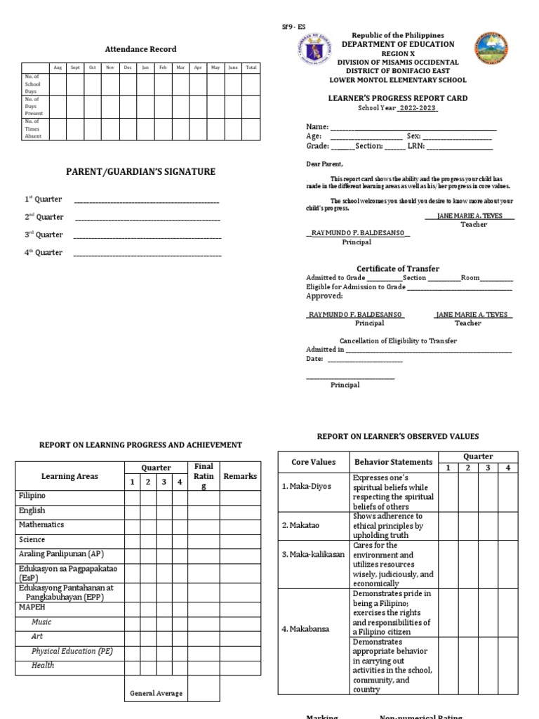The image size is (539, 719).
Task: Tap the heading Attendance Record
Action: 140,49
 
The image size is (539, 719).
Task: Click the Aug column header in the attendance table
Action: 58,67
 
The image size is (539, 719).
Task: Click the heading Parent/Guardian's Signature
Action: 140,172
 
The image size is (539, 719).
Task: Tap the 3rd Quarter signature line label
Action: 44,235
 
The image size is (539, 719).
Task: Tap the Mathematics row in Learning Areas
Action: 41,525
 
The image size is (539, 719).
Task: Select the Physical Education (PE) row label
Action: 72,651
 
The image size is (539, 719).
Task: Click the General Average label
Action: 156,693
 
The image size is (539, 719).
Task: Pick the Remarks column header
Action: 240,476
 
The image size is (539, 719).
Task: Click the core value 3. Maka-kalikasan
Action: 313,554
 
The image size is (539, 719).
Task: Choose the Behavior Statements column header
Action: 393,462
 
